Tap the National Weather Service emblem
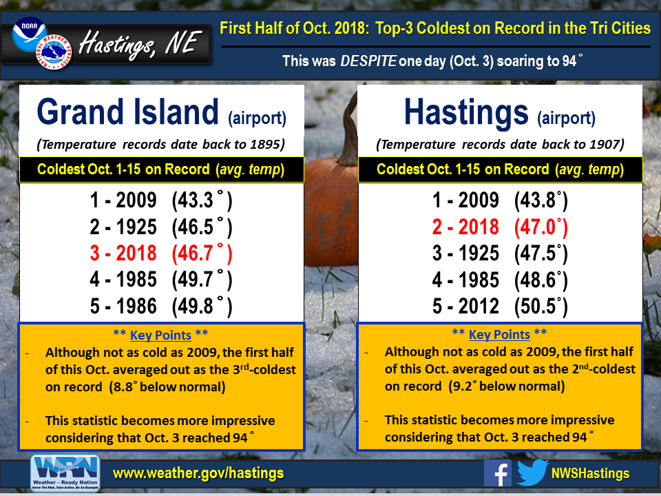coord(54,52)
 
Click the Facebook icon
coord(497,473)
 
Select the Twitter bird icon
coord(532,473)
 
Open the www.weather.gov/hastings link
coord(198,473)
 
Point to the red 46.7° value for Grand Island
coord(202,253)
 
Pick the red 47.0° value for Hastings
coord(541,227)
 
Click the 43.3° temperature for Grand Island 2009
coord(202,200)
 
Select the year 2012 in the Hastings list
coord(479,306)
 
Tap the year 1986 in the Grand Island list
coord(136,306)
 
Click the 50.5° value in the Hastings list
coord(541,306)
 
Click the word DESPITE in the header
coord(368,61)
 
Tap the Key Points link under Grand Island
coord(160,335)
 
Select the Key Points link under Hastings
coord(499,335)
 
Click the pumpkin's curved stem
coord(348,131)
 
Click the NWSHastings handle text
coord(590,473)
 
